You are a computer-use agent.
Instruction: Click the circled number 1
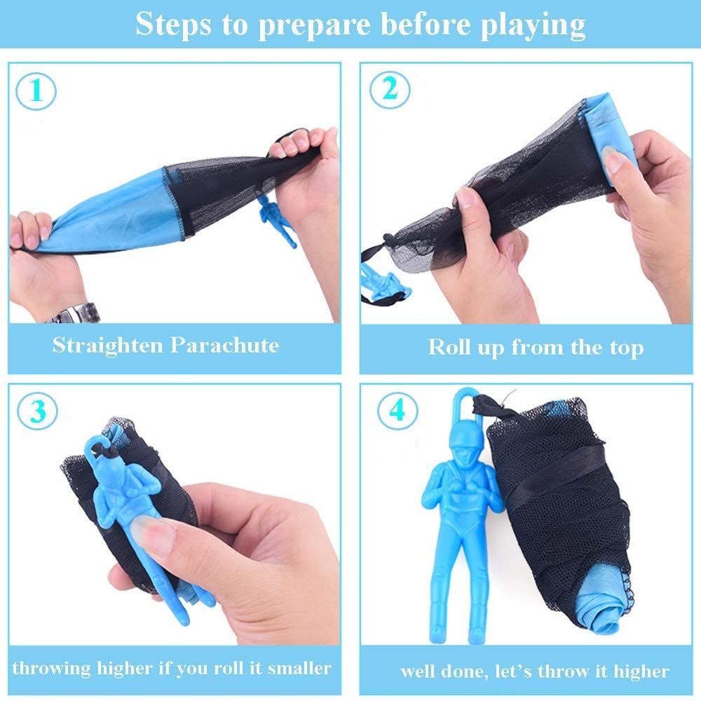pyautogui.click(x=36, y=91)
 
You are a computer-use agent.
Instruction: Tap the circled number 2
pyautogui.click(x=390, y=90)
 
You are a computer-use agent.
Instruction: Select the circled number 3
pyautogui.click(x=38, y=410)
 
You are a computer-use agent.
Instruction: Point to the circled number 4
pyautogui.click(x=397, y=410)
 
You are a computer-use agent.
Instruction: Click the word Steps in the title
pyautogui.click(x=173, y=25)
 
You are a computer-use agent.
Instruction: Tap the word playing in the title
pyautogui.click(x=533, y=25)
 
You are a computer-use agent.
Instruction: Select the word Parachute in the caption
pyautogui.click(x=225, y=345)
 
